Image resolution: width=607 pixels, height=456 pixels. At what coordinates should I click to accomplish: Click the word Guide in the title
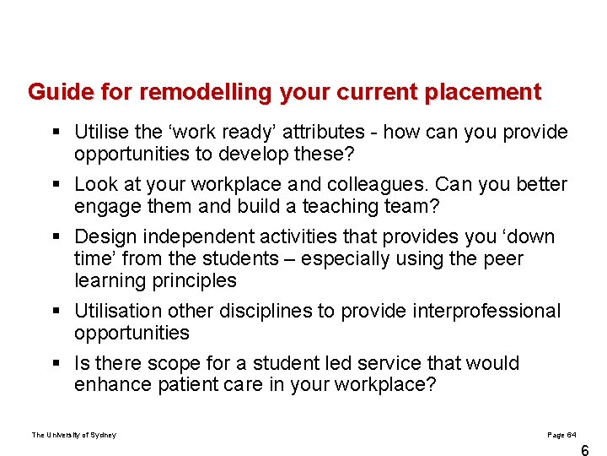54,91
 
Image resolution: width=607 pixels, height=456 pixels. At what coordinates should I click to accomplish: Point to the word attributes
327,133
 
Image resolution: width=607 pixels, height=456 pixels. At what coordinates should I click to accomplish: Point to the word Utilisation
114,311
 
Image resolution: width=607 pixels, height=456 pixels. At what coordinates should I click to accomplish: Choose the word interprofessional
486,311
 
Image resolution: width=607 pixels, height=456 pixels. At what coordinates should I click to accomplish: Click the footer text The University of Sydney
74,435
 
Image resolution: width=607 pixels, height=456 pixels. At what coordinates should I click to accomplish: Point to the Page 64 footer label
561,435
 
